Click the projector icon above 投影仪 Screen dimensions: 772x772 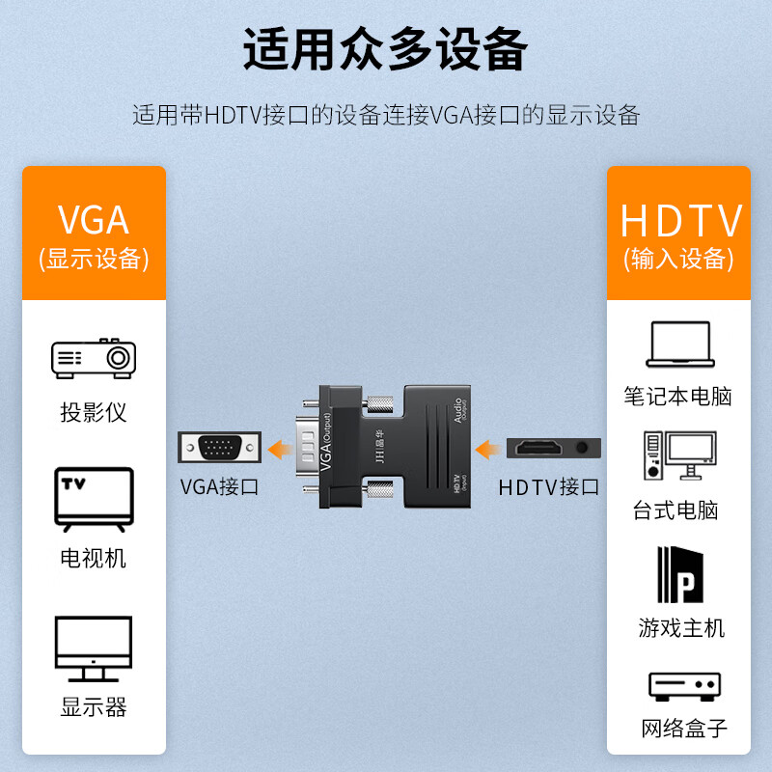[x=94, y=358]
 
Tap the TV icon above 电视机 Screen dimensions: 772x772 [x=94, y=500]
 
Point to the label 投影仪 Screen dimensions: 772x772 [x=94, y=413]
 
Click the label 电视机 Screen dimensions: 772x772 [x=94, y=558]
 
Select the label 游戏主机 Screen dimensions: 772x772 [x=681, y=628]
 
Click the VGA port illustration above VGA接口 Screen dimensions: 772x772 [x=220, y=449]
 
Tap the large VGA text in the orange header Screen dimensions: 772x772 [x=94, y=219]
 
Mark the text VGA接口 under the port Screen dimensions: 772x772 [x=220, y=487]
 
